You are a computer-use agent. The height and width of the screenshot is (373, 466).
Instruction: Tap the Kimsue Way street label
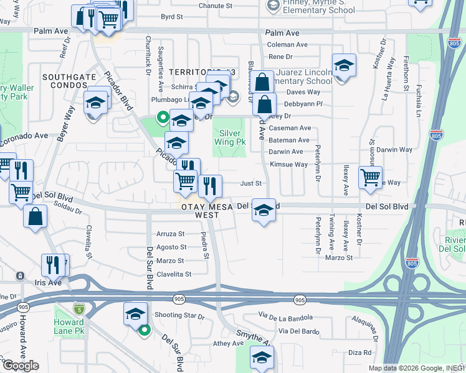[x=288, y=165]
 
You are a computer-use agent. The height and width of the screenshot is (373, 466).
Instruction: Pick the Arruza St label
[x=171, y=234]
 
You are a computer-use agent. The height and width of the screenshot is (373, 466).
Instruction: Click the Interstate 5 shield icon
[x=78, y=308]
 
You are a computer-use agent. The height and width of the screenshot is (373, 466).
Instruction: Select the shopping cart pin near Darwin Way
[x=371, y=177]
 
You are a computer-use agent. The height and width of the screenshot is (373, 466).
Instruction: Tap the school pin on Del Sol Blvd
[x=264, y=211]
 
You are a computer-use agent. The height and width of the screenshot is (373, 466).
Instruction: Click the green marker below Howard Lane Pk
[x=145, y=331]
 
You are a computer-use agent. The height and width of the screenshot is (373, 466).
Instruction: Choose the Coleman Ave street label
[x=287, y=45]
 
